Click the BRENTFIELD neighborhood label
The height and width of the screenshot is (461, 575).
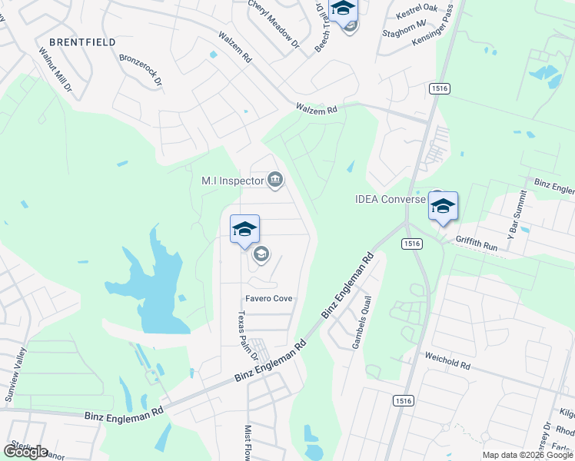[x=82, y=42]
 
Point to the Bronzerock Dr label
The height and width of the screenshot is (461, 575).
[x=141, y=70]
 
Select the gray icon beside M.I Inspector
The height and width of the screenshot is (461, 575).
[x=275, y=181]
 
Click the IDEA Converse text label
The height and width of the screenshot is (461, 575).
[x=390, y=199]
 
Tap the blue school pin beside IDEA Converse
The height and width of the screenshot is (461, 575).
[x=443, y=207]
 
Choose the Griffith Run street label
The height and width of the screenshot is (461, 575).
[x=477, y=239]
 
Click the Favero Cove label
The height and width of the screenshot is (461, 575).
[x=269, y=298]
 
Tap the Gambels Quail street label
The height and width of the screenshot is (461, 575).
[x=361, y=323]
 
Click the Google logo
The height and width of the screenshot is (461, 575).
[x=26, y=452]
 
